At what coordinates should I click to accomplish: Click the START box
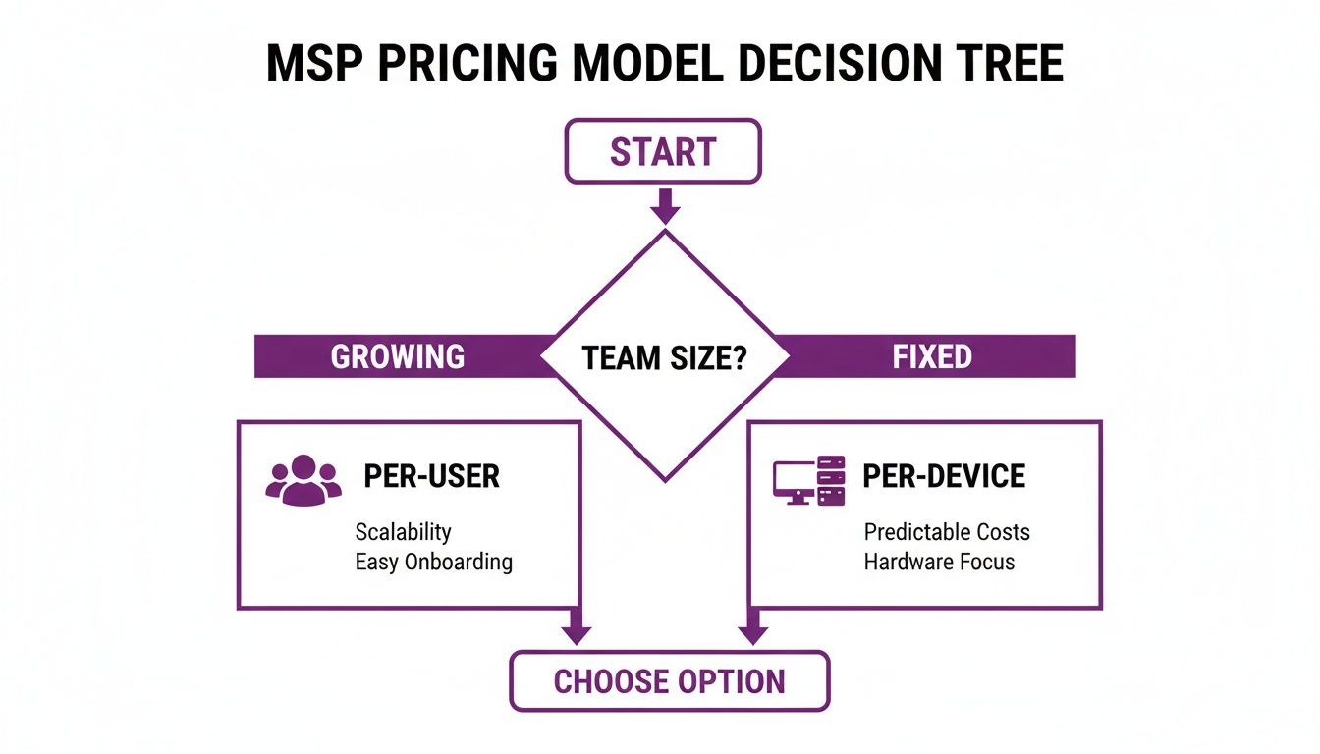[x=663, y=151]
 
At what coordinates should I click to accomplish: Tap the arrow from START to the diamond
[x=665, y=206]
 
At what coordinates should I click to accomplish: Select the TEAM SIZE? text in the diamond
[x=665, y=356]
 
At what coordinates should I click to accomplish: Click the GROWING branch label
[x=397, y=356]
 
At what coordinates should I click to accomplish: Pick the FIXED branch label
[x=932, y=356]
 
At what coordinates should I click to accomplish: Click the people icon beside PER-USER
[x=303, y=479]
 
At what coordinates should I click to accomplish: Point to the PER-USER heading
[x=431, y=476]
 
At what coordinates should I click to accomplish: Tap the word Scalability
[x=403, y=532]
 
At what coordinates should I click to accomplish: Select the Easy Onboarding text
[x=433, y=562]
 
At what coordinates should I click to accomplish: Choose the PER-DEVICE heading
[x=944, y=476]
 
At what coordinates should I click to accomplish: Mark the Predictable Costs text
[x=947, y=532]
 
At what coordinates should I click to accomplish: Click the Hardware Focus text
[x=939, y=562]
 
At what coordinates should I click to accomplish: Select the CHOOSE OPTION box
[x=669, y=681]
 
